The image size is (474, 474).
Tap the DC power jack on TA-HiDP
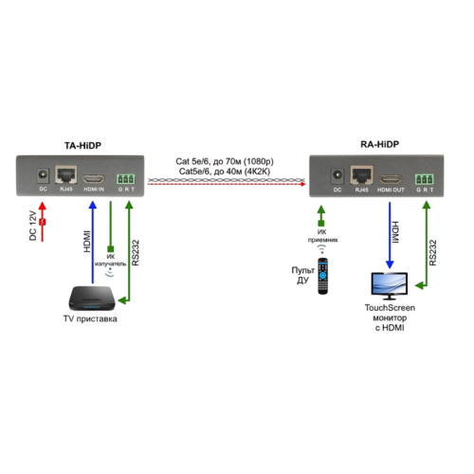(x=42, y=175)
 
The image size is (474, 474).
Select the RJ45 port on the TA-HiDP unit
(x=68, y=175)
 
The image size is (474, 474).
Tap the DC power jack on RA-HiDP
(x=338, y=175)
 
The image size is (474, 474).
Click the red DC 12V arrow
(x=42, y=223)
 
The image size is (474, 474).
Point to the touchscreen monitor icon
(x=392, y=283)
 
